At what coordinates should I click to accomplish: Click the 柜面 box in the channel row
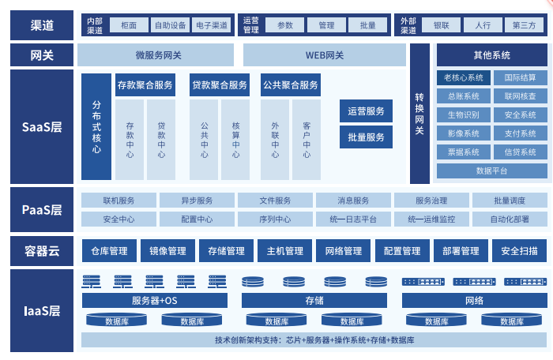click(x=129, y=25)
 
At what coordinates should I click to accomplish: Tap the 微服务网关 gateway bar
click(x=158, y=55)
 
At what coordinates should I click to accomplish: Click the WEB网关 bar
click(x=325, y=55)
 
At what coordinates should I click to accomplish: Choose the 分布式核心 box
click(x=96, y=126)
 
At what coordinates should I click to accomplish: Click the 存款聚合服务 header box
click(x=145, y=85)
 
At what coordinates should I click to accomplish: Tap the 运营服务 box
click(x=366, y=111)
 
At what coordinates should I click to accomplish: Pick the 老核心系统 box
click(x=463, y=77)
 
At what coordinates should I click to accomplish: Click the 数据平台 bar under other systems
click(x=491, y=171)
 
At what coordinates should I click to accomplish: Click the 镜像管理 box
click(x=167, y=251)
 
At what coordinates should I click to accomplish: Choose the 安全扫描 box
click(x=519, y=251)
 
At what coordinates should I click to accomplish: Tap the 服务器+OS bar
click(x=155, y=301)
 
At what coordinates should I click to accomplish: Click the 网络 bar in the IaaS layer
click(x=474, y=301)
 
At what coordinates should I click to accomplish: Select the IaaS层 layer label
click(x=42, y=310)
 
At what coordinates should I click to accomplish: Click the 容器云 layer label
click(x=42, y=251)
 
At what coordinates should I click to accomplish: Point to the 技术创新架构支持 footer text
click(x=314, y=340)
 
